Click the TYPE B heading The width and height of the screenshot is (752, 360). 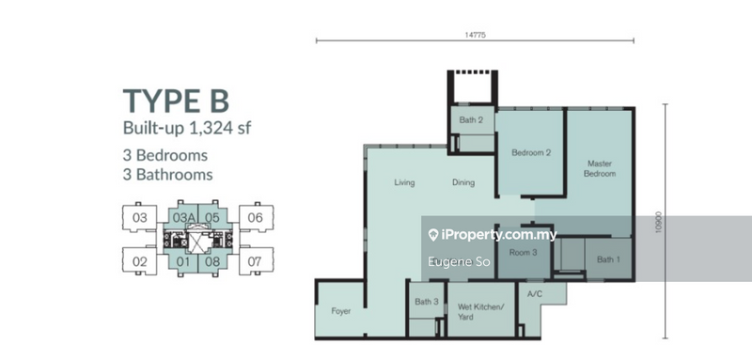(x=176, y=101)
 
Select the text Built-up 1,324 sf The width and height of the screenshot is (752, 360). (x=187, y=129)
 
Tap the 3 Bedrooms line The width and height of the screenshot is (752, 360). (x=165, y=155)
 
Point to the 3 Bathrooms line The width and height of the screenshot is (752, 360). (x=167, y=175)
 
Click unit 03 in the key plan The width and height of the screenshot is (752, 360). (x=139, y=218)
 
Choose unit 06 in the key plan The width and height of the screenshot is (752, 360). (x=255, y=218)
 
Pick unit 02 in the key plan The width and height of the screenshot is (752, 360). (x=139, y=262)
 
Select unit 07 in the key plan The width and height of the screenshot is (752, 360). (x=255, y=262)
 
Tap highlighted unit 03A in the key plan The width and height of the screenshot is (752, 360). (x=183, y=218)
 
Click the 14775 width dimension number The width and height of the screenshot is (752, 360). (x=472, y=35)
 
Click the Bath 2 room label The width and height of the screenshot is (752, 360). (x=471, y=119)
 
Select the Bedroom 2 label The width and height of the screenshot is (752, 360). (x=531, y=153)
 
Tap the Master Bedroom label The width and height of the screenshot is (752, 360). (x=600, y=168)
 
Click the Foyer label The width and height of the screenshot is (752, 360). (x=341, y=311)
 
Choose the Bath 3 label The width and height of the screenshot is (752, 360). (x=427, y=302)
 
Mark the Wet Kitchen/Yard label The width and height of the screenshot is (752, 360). (x=480, y=311)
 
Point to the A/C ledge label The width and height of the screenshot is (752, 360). (x=534, y=294)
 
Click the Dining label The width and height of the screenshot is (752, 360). (x=463, y=182)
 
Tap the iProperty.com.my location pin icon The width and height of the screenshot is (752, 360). (x=433, y=234)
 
